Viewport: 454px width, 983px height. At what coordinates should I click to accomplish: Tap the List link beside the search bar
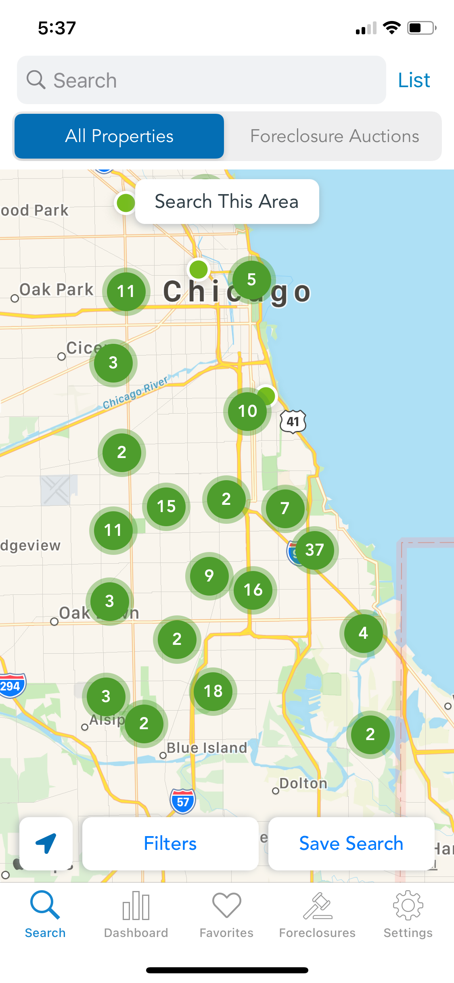[414, 80]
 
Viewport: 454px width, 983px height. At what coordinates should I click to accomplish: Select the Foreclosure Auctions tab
[334, 136]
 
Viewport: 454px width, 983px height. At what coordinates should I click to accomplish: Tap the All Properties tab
[119, 136]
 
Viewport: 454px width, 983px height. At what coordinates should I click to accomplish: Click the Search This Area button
[227, 201]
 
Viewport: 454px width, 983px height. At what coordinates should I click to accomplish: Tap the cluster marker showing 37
[314, 550]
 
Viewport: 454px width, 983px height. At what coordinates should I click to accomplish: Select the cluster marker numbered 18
[213, 691]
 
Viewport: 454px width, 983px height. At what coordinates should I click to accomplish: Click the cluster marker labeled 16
[253, 590]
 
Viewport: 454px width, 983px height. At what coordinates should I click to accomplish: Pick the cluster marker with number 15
[166, 506]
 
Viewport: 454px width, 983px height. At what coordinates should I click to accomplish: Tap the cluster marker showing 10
[247, 411]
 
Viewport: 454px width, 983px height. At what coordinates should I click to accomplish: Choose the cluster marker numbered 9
[209, 575]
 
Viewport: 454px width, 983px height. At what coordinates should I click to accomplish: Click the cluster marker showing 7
[285, 508]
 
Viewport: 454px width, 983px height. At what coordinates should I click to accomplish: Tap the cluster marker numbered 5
[251, 279]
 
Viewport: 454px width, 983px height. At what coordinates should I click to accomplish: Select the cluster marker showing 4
[363, 633]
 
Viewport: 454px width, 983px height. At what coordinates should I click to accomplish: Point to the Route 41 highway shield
[293, 422]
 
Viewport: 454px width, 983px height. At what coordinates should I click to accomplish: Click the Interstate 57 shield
[183, 801]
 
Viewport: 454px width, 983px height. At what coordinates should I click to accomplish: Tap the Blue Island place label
[207, 748]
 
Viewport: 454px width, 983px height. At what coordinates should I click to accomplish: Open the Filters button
[170, 844]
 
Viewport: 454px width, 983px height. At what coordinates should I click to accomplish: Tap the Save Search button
[351, 844]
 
